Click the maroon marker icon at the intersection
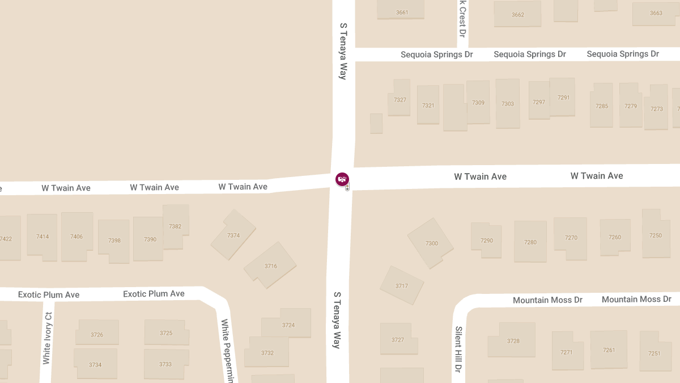click(342, 179)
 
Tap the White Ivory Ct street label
click(47, 338)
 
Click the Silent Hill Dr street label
click(458, 348)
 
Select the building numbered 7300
click(431, 243)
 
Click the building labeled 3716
click(270, 266)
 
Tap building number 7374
click(233, 235)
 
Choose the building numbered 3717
click(402, 286)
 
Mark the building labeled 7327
click(400, 100)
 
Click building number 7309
click(478, 103)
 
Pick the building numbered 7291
click(563, 98)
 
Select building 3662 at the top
click(517, 15)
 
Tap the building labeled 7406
click(76, 237)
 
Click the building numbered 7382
click(175, 226)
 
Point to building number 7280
click(530, 242)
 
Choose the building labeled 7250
click(655, 235)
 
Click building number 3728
click(513, 341)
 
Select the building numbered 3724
click(288, 325)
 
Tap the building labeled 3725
click(165, 333)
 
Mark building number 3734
click(95, 364)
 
